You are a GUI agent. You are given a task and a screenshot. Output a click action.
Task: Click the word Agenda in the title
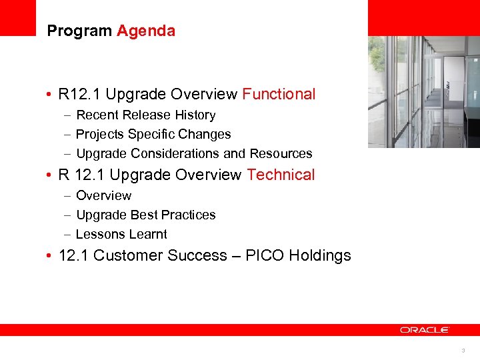tap(146, 31)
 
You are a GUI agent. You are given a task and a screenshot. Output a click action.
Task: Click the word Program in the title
tap(80, 31)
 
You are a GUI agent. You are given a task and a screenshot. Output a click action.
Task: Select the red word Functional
tap(279, 94)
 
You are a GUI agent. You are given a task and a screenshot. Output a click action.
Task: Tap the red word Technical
tap(281, 175)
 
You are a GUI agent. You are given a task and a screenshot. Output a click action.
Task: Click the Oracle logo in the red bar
tap(425, 330)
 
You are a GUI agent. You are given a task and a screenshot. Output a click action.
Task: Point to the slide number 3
tap(463, 351)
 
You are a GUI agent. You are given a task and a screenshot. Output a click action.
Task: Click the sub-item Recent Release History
tap(145, 115)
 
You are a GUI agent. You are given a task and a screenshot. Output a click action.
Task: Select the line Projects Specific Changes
tap(153, 135)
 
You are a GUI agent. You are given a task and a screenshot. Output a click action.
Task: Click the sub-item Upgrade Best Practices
tap(145, 215)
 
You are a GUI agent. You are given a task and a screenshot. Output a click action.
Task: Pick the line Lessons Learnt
tap(121, 235)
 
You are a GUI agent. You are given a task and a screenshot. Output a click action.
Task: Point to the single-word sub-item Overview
tap(103, 196)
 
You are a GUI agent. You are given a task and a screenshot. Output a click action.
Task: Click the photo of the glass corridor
tap(423, 91)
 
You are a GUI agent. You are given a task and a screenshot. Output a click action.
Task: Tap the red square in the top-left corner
tap(17, 17)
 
